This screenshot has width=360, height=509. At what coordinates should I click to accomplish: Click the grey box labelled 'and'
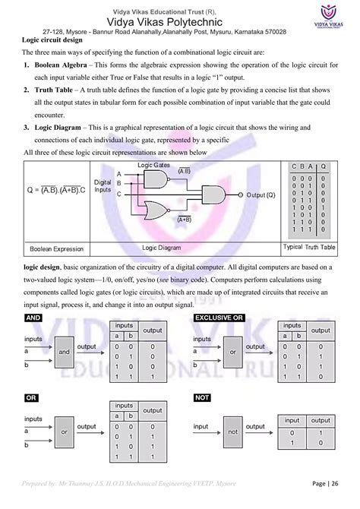[x=64, y=353]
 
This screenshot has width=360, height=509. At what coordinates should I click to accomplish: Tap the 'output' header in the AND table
[x=153, y=330]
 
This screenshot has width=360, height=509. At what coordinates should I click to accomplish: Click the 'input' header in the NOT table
[x=291, y=420]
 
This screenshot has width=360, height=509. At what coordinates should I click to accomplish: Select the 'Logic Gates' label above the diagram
[x=154, y=164]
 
